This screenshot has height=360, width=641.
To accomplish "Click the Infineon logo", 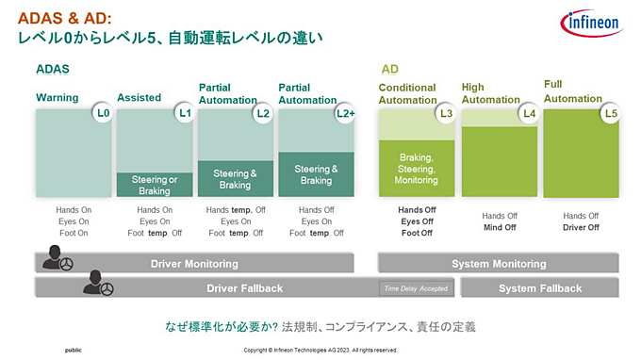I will point(591,23).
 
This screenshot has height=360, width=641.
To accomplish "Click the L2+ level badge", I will point(346,114).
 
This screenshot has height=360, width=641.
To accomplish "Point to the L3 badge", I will point(446,114).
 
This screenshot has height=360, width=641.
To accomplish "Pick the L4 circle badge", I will point(529,114).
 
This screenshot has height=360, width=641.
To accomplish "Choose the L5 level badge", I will point(611,114).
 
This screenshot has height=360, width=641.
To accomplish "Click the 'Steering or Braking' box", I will point(155,185).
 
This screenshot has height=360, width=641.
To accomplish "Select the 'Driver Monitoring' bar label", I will point(194,264).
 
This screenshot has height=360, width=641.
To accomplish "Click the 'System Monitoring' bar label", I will point(499,264).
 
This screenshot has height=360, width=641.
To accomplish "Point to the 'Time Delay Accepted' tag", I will point(415,288).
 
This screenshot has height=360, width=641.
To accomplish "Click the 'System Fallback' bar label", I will point(540,288).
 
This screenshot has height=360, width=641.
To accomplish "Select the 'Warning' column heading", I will point(57,97).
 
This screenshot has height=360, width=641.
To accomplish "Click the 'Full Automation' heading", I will point(573,91).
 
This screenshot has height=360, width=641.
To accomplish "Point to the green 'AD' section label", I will point(389,69).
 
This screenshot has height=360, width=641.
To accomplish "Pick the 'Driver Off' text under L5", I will point(581,227).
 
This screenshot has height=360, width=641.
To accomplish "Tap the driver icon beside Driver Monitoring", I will point(54,257).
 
